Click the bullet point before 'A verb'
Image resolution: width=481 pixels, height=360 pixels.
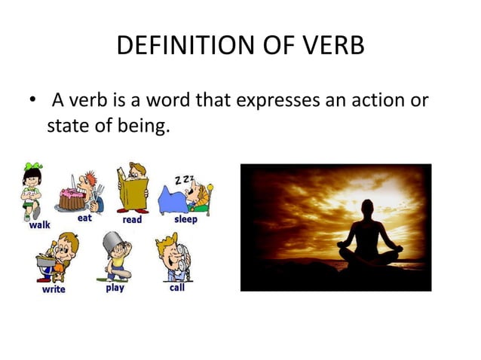(29, 100)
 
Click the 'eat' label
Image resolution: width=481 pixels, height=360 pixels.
(84, 218)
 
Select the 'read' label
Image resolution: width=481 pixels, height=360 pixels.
(132, 219)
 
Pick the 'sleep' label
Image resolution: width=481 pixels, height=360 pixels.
(185, 219)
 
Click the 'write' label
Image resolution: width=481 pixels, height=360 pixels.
(54, 289)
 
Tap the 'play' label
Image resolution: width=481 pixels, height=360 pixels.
(115, 288)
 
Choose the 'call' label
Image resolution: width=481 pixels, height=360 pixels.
(176, 288)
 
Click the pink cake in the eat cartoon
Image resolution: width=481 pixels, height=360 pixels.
(72, 200)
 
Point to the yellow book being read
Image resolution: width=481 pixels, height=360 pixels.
(132, 194)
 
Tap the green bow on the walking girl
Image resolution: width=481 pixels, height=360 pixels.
(31, 166)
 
